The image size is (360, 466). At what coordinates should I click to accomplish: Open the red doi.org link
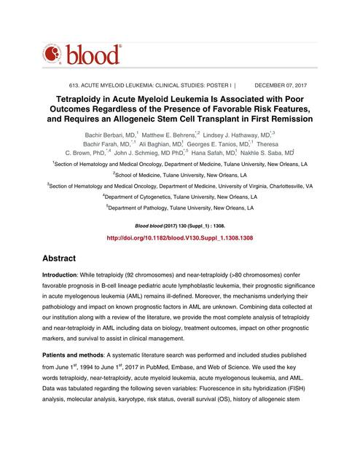tap(180, 238)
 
